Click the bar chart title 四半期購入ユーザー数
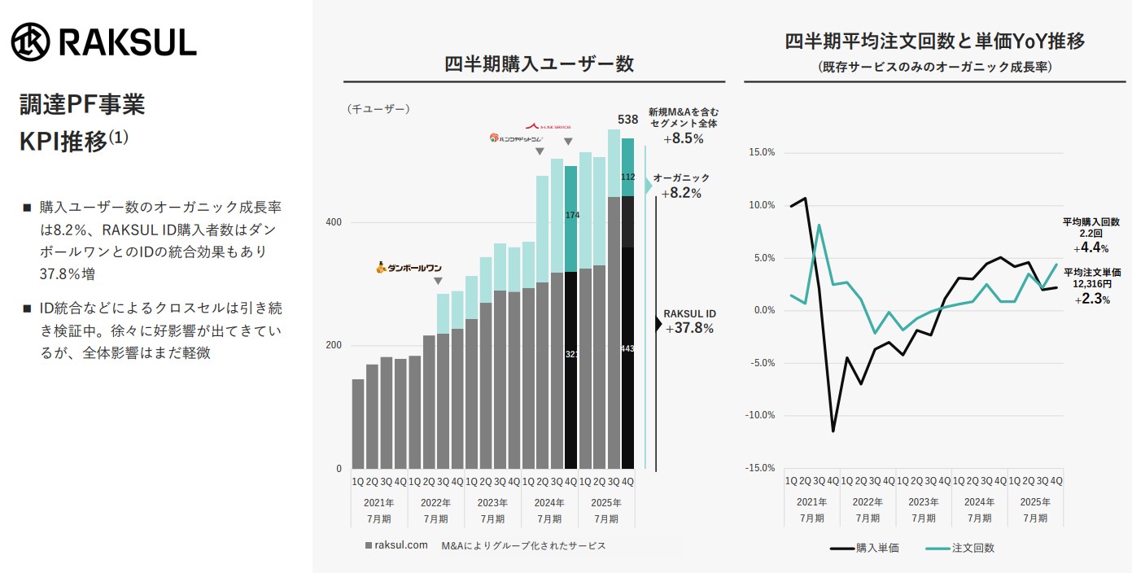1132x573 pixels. (539, 64)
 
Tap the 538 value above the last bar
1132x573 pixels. (627, 120)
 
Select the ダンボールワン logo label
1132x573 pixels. (409, 267)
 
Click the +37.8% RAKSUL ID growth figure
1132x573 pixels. (688, 329)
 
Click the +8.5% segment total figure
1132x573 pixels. (683, 138)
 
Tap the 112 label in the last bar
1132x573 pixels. (627, 177)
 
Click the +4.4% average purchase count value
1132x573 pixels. (1090, 248)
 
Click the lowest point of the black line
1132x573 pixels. (833, 431)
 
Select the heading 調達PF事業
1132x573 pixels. (82, 105)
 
